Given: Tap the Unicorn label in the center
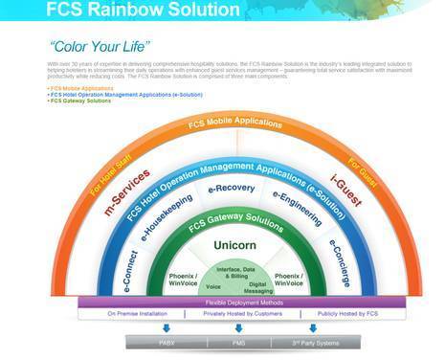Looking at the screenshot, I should pos(234,245).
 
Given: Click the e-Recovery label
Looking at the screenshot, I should pos(232,188).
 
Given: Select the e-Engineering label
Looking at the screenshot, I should pos(298,208).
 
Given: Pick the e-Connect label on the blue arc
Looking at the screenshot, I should pos(131,272).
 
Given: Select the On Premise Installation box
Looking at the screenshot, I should pos(139,313).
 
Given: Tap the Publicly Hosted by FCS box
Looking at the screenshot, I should pos(333,313).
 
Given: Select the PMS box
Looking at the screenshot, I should pos(238,341).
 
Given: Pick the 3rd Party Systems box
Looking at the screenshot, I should pos(312,341).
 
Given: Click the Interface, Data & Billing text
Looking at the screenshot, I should pos(234,272).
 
